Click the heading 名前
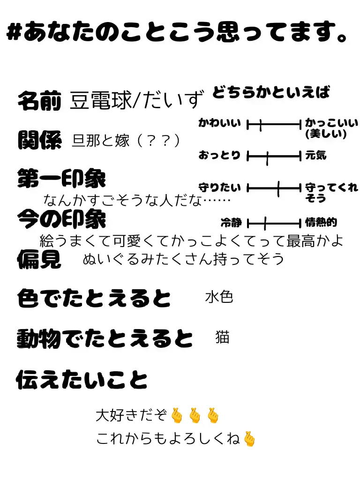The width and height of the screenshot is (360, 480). click(39, 100)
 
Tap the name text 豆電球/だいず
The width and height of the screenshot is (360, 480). click(137, 100)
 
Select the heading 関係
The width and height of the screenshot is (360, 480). click(39, 140)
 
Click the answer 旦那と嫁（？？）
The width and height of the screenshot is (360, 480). click(126, 140)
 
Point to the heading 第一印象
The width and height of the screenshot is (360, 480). click(61, 179)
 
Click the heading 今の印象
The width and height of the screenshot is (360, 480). click(61, 218)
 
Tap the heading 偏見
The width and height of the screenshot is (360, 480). click(39, 259)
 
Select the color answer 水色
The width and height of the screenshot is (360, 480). click(219, 297)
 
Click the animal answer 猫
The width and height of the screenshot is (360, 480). click(222, 337)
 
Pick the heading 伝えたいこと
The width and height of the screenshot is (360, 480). click(82, 380)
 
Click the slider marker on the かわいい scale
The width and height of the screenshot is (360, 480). click(261, 125)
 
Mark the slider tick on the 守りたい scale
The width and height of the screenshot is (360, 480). click(278, 188)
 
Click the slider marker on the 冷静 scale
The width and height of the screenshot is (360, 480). click(265, 223)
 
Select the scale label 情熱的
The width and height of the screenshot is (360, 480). click(321, 223)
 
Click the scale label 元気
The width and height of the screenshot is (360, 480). click(315, 155)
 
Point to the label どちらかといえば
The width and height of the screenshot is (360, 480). click(271, 92)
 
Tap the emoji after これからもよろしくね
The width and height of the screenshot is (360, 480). click(250, 439)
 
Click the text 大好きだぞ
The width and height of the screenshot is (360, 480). click(131, 415)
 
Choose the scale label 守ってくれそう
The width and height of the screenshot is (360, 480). click(331, 193)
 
